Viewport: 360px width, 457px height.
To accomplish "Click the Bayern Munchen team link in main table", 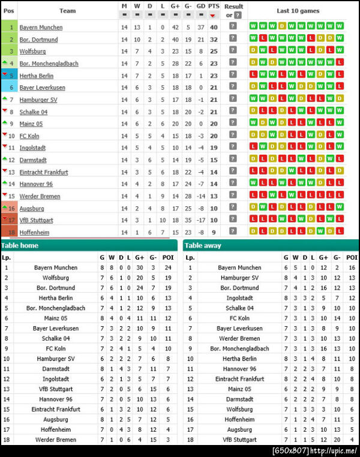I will point(41,28).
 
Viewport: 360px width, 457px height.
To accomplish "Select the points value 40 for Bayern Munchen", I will point(214,27).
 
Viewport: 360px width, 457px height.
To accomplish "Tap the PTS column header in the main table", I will point(214,6).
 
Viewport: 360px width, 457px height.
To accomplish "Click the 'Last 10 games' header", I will point(298,11).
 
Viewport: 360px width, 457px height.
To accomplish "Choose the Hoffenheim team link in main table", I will point(34,232).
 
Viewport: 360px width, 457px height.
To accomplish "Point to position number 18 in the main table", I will point(11,232).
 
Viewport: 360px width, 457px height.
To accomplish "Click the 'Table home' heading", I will point(19,245).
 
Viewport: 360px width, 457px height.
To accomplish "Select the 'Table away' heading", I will point(203,245).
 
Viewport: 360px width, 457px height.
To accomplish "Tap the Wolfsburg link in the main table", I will point(32,52).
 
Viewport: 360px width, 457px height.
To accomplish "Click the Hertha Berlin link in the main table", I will point(36,76).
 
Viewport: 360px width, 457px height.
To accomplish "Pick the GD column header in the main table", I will point(200,6).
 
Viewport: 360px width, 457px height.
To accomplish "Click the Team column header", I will point(68,11).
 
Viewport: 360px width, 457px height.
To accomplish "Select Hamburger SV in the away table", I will point(239,278).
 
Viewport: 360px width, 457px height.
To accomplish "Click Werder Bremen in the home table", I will point(56,440).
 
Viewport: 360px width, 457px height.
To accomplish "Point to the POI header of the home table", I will point(168,257).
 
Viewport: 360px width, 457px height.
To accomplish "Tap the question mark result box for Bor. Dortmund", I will point(233,39).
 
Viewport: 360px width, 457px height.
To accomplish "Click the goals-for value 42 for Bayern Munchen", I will point(175,27).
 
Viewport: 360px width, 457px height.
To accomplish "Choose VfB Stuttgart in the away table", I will point(239,440).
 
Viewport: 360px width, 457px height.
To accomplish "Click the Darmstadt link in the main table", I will point(33,160).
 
